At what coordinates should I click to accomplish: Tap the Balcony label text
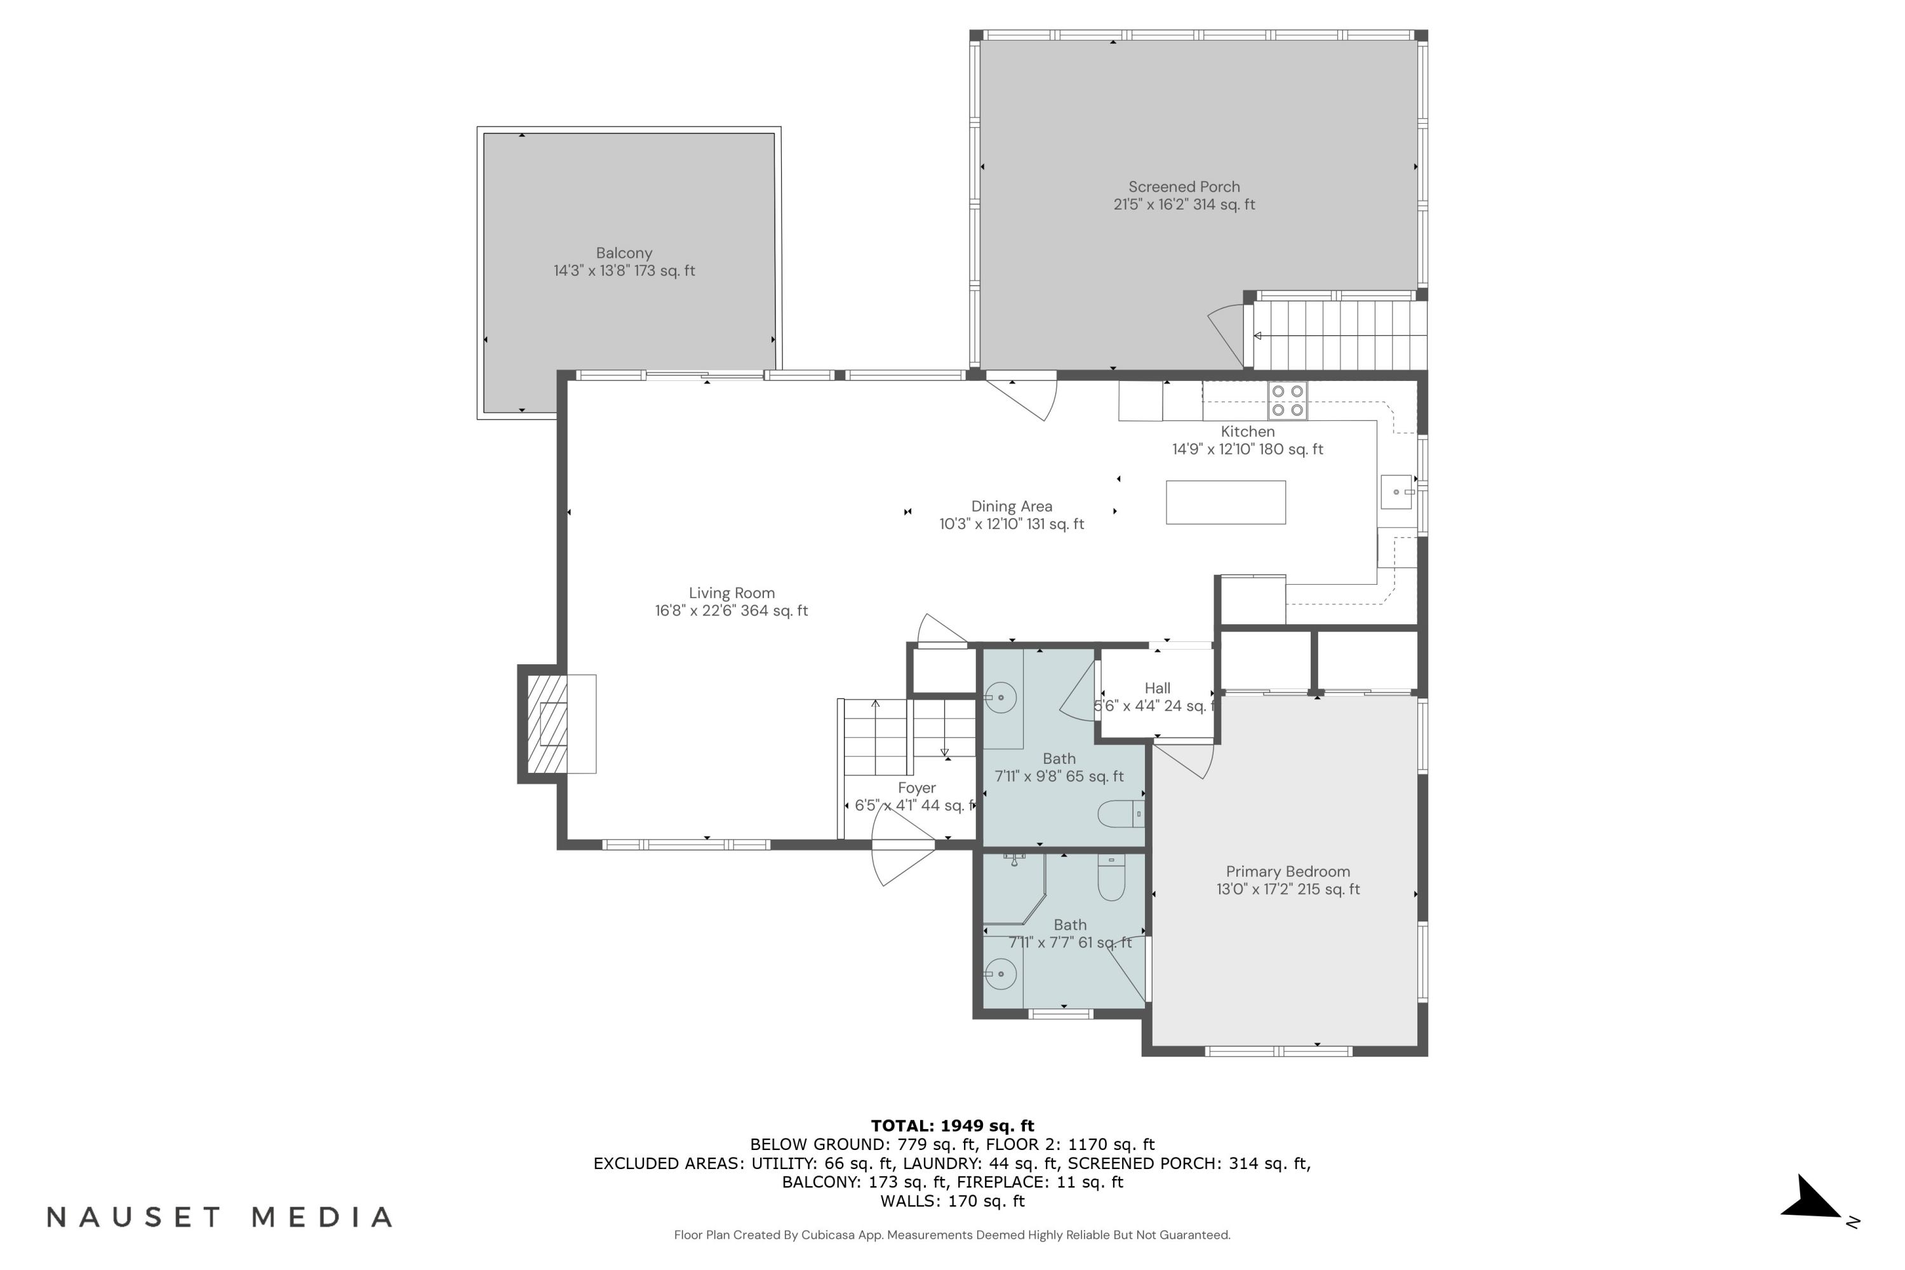coord(624,253)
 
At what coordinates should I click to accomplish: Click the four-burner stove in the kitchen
coord(1287,400)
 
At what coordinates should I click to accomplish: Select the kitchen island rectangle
coord(1225,502)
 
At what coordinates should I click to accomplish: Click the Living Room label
coord(732,594)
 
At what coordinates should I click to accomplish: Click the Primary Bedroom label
coord(1287,871)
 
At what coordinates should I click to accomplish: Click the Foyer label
coord(916,788)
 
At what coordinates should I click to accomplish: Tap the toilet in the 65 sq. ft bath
coord(1120,814)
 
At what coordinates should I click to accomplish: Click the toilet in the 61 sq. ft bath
coord(1111,879)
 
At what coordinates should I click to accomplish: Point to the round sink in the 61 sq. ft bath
coord(1001,973)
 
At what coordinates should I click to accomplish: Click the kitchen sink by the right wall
coord(1396,491)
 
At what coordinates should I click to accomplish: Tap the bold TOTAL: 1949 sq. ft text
coord(952,1126)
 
